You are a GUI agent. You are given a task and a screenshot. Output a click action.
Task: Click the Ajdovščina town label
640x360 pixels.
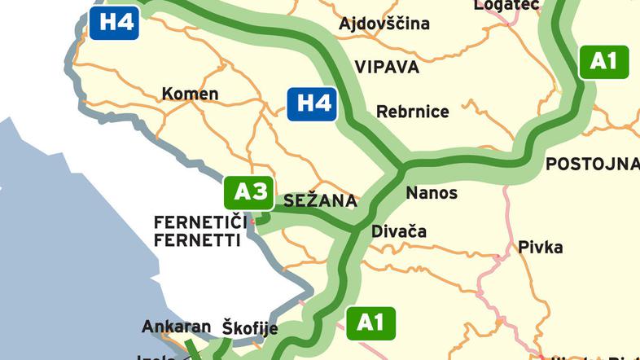tap(384, 23)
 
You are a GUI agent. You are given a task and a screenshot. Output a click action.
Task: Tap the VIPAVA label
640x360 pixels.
tap(387, 67)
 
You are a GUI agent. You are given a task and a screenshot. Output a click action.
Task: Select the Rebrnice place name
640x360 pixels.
tap(412, 112)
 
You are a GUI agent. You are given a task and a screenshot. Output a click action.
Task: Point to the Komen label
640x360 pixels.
tap(190, 94)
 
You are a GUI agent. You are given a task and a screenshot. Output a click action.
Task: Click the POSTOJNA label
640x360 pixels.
tap(592, 164)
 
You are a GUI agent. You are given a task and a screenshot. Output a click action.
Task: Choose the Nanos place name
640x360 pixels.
tap(432, 193)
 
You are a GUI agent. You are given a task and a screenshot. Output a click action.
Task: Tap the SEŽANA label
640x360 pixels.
tap(320, 200)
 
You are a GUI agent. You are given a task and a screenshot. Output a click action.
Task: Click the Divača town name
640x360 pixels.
tap(398, 231)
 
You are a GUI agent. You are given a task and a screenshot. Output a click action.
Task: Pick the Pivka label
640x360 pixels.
tap(540, 246)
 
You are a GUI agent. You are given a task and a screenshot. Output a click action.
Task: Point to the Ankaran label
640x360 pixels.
tap(177, 327)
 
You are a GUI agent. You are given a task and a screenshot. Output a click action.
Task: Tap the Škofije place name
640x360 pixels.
tap(250, 328)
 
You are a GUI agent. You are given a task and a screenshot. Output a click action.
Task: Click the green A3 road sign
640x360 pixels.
tap(250, 191)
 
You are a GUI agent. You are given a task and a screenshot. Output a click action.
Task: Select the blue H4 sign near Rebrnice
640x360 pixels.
tap(313, 103)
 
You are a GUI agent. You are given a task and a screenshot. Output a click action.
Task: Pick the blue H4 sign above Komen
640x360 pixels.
tap(114, 21)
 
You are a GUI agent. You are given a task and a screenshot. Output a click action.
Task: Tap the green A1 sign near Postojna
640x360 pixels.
tap(603, 61)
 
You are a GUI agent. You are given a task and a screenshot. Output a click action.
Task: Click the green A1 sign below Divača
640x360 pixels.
tap(370, 323)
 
